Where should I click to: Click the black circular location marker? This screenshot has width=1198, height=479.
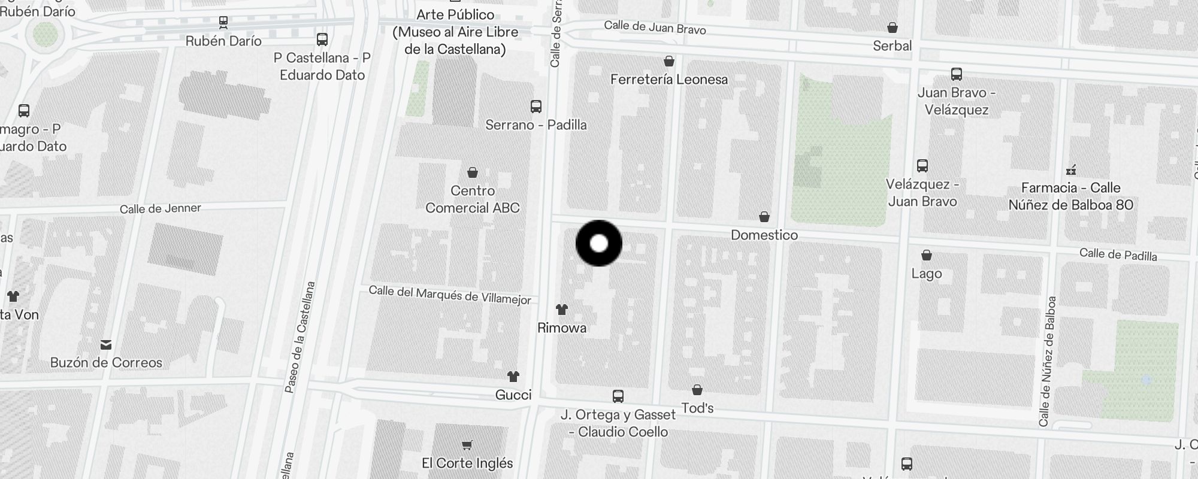click(x=599, y=244)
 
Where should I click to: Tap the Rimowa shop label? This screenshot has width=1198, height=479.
click(x=562, y=328)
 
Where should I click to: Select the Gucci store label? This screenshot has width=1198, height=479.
click(x=513, y=395)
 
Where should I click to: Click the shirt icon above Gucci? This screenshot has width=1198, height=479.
click(x=513, y=377)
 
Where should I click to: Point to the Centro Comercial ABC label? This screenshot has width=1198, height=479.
click(x=473, y=199)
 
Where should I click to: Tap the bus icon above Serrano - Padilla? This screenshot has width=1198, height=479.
click(x=536, y=107)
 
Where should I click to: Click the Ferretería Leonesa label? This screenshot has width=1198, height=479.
click(x=669, y=80)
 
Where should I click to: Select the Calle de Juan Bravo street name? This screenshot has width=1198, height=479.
click(x=655, y=27)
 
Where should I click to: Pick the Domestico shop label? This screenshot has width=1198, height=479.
click(x=764, y=235)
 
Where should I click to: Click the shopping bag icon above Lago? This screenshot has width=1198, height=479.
click(x=927, y=256)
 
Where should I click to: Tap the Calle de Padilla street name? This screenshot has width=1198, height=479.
click(x=1118, y=254)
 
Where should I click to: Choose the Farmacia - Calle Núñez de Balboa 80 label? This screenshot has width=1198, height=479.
click(x=1071, y=196)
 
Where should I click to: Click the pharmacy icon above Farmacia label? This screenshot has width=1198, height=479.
click(x=1072, y=170)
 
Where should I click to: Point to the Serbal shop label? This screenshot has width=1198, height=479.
click(x=892, y=46)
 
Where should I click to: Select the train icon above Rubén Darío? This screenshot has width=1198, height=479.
click(x=223, y=23)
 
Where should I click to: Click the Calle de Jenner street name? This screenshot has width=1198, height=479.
click(x=161, y=208)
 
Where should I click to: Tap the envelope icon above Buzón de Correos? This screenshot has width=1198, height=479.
click(x=106, y=344)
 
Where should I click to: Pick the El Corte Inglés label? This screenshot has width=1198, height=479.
click(x=467, y=463)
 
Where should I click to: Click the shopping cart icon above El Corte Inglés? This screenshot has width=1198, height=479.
click(x=467, y=445)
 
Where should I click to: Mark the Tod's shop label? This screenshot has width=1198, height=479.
click(x=697, y=408)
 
